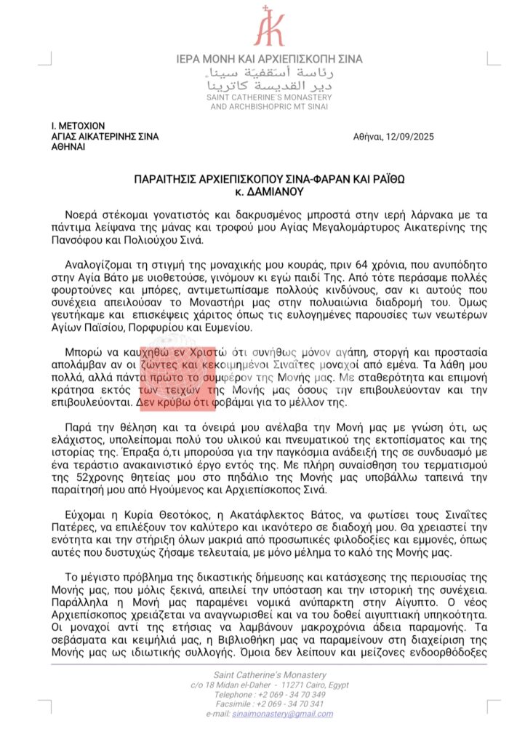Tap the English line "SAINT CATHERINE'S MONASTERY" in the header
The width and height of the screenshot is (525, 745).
[x=269, y=97]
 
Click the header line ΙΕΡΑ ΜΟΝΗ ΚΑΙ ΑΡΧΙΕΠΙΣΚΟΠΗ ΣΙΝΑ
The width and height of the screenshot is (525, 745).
[x=269, y=59]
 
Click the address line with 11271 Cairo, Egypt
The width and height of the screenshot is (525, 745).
[x=269, y=685]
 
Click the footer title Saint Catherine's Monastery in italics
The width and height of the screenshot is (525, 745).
[x=269, y=674]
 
